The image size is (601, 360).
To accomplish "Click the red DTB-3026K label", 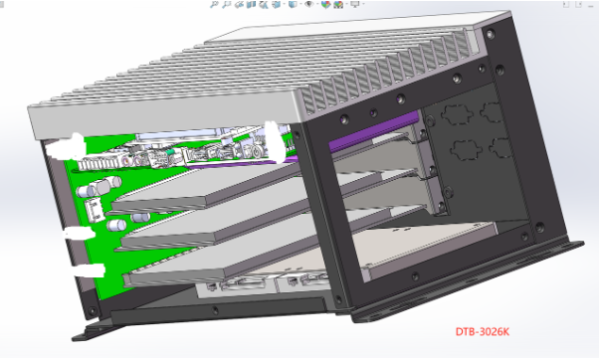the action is tap(483, 332).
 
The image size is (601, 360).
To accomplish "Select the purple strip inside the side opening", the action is tap(374, 132).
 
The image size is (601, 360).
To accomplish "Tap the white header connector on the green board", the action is tap(95, 210).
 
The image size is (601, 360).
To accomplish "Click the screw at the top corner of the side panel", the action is tap(491, 35).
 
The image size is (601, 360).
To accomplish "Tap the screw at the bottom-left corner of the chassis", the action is tap(92, 310).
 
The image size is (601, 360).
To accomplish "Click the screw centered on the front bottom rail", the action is tap(215, 309).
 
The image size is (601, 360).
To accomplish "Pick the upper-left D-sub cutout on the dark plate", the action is tap(456, 113).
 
